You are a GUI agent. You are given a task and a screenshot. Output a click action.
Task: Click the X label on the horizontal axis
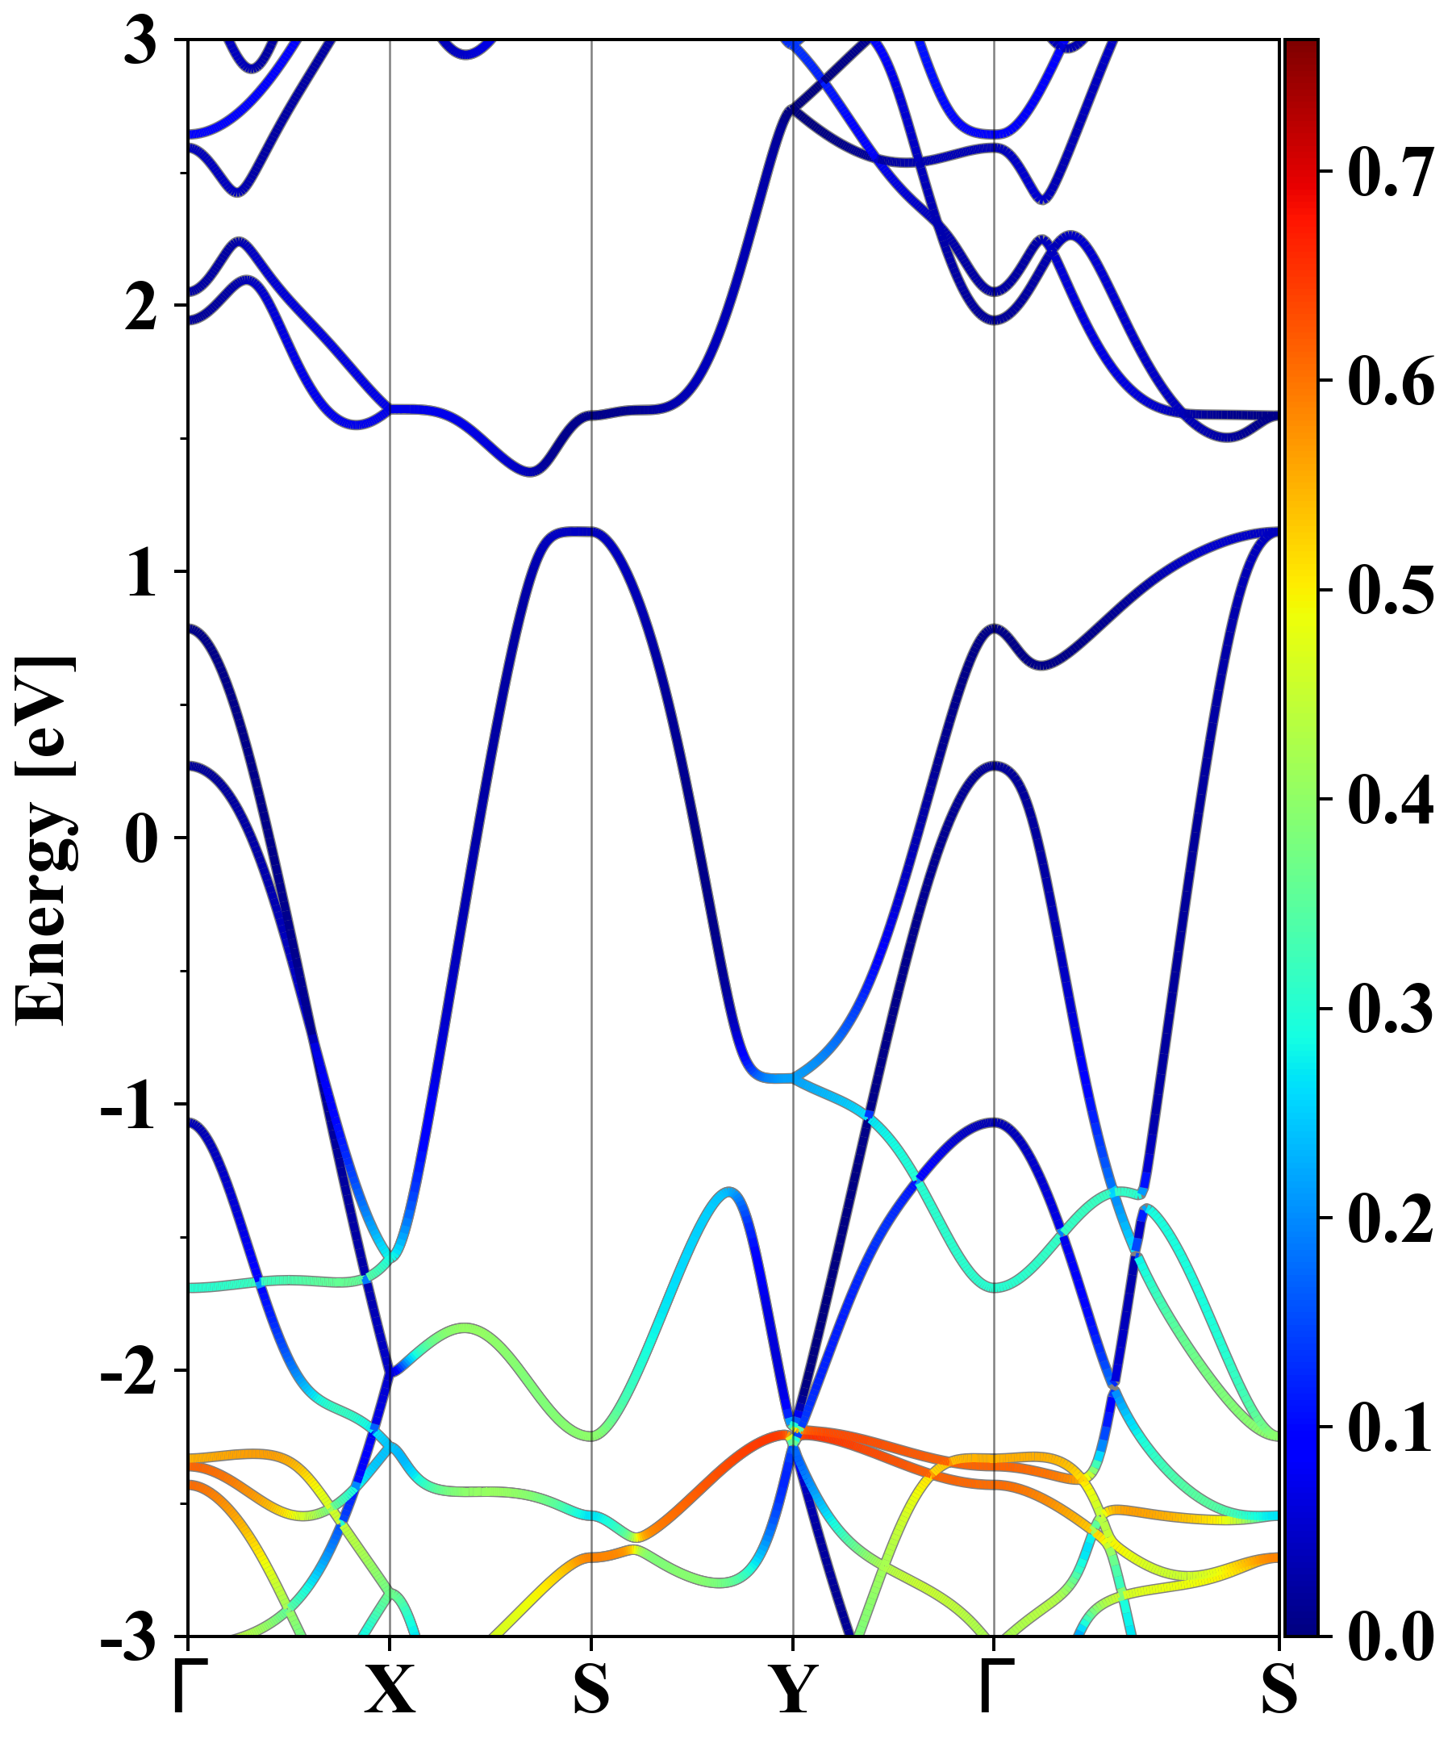(x=390, y=1690)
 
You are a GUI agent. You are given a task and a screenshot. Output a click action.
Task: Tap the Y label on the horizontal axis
(x=793, y=1690)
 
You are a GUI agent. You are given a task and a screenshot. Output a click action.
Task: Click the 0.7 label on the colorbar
(x=1391, y=172)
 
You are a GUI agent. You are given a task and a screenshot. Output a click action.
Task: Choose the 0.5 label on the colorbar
(x=1391, y=590)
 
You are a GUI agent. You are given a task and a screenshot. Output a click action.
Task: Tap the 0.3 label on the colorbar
(x=1391, y=1009)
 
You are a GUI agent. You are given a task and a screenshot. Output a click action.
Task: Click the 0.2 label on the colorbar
(x=1391, y=1218)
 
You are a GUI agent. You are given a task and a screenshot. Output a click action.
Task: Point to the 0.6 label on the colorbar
(x=1391, y=381)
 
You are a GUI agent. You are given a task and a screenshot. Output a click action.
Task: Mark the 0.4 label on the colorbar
(x=1391, y=800)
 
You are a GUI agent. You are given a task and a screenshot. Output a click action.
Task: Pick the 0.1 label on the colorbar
(x=1391, y=1427)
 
